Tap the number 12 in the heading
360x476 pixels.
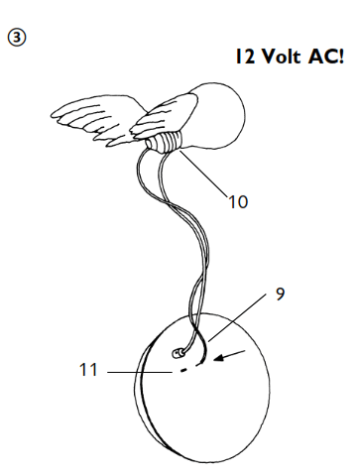click(x=246, y=57)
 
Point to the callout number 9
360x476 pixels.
click(x=279, y=294)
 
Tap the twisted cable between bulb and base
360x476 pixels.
click(x=194, y=248)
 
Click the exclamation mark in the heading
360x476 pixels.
click(x=342, y=57)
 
